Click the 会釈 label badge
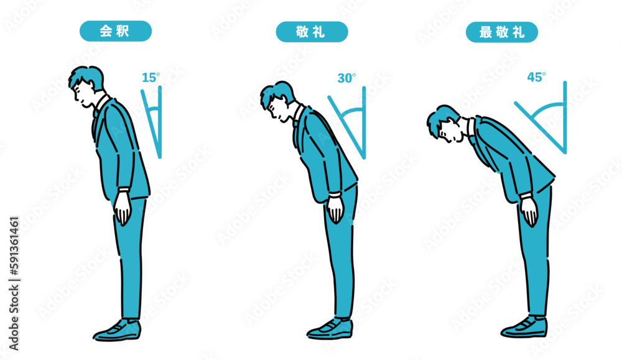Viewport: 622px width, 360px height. pyautogui.click(x=115, y=31)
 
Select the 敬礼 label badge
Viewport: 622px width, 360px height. pyautogui.click(x=312, y=32)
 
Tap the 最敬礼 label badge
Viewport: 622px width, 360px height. pyautogui.click(x=502, y=32)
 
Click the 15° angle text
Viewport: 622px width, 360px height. pyautogui.click(x=151, y=78)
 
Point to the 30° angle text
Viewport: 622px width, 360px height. pyautogui.click(x=346, y=78)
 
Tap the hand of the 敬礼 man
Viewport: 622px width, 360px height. pyautogui.click(x=336, y=210)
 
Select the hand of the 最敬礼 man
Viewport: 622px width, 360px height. pyautogui.click(x=529, y=211)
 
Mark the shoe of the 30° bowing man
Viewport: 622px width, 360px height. pyautogui.click(x=330, y=328)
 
